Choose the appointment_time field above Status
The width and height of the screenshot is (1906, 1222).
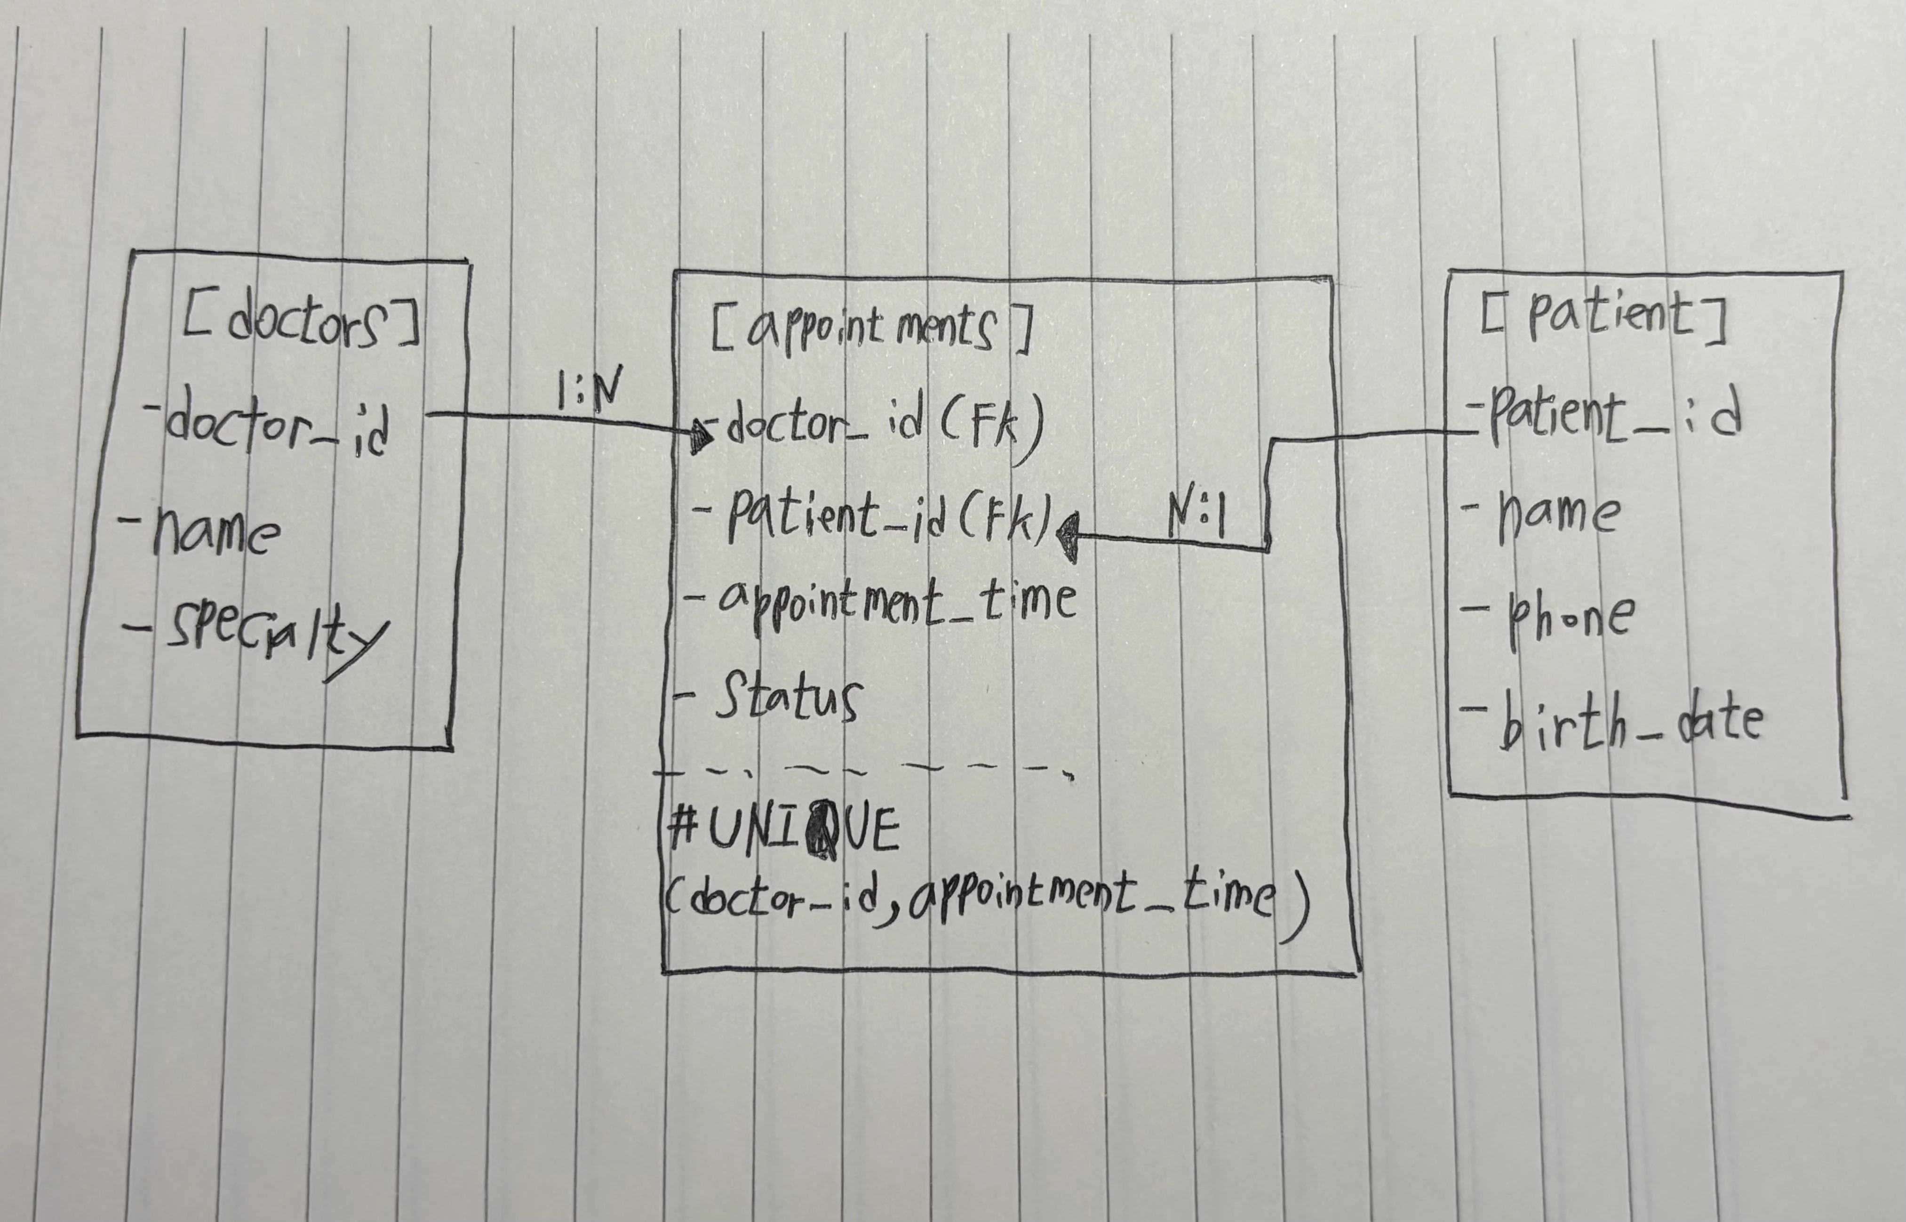pyautogui.click(x=896, y=603)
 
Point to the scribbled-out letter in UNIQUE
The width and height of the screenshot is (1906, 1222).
pyautogui.click(x=821, y=833)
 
